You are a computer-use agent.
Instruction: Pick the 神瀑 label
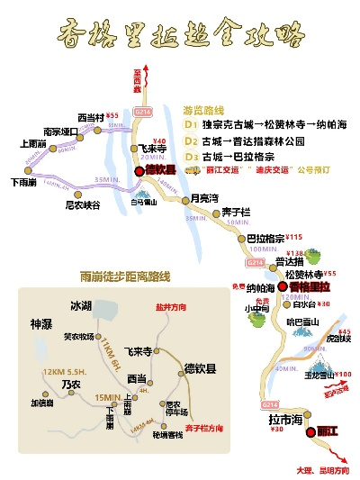click(x=40, y=323)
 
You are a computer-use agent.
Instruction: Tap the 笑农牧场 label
click(x=79, y=338)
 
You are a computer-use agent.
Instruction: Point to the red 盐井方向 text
click(x=169, y=307)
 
